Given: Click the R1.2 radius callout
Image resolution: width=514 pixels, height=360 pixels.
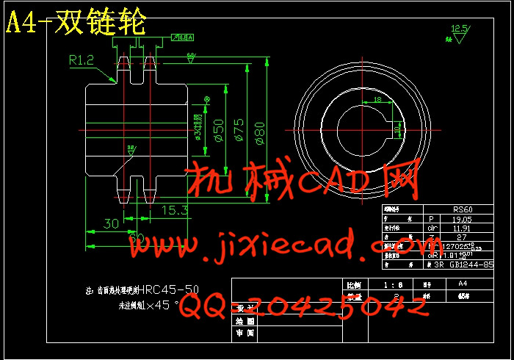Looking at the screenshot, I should coord(82,60).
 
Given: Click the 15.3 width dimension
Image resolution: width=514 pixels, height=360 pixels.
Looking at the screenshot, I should coord(173,211).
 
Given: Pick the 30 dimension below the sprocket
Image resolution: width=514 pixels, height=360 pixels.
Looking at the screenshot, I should coord(111,223).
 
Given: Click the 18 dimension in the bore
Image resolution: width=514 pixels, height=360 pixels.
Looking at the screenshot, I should coord(377,99).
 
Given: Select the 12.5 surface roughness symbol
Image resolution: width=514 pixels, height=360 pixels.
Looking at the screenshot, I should coord(459,30).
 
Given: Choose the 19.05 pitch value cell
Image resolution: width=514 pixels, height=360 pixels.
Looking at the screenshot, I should coord(463,218).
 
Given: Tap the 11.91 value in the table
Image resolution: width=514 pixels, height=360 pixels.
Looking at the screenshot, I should coord(463,228).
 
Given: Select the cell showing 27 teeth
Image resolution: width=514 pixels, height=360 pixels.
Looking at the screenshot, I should coord(463,237).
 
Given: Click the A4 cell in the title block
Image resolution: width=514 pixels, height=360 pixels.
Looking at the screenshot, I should coord(462,283).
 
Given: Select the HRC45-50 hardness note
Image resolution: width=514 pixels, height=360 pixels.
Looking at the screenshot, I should coord(168,289).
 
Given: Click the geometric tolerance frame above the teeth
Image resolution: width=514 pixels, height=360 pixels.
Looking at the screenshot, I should coord(182,37).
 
